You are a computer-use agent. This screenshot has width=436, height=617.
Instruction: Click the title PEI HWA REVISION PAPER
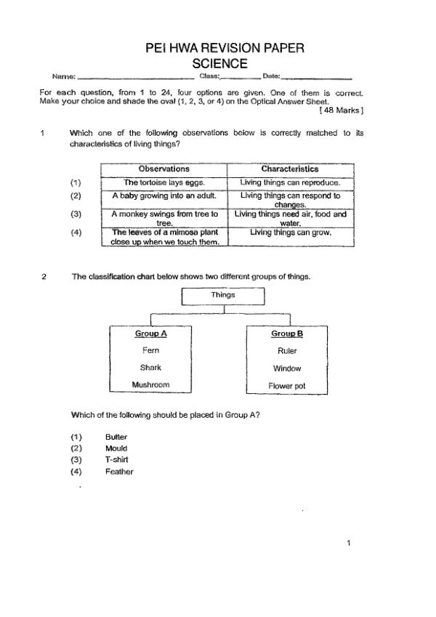[225, 49]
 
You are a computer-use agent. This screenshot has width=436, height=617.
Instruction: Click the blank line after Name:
[135, 76]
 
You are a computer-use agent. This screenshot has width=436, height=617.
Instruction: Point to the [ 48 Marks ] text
[341, 110]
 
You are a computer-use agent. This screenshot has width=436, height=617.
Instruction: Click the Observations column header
[163, 169]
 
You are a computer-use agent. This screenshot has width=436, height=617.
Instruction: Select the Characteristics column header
[289, 169]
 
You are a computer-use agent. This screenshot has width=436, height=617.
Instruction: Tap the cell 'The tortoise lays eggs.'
[164, 182]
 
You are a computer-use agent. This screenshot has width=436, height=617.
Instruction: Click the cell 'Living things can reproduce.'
[290, 182]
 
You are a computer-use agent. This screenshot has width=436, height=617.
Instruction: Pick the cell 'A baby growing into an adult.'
[164, 195]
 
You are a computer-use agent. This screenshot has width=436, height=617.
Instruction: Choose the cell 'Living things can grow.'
[290, 233]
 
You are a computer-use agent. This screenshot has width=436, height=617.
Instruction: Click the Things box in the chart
[223, 295]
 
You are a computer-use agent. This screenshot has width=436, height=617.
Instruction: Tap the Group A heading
[151, 334]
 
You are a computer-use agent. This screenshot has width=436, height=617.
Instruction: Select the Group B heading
[287, 334]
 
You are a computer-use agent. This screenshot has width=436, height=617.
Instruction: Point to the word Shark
[150, 368]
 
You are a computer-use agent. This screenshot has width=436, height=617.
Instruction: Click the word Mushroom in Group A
[150, 384]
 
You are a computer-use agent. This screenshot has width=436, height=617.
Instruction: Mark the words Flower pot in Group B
[287, 386]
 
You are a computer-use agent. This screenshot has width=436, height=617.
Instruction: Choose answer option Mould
[116, 448]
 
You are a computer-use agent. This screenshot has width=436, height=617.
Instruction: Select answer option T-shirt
[117, 460]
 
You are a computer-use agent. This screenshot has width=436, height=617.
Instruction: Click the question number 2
[44, 277]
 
